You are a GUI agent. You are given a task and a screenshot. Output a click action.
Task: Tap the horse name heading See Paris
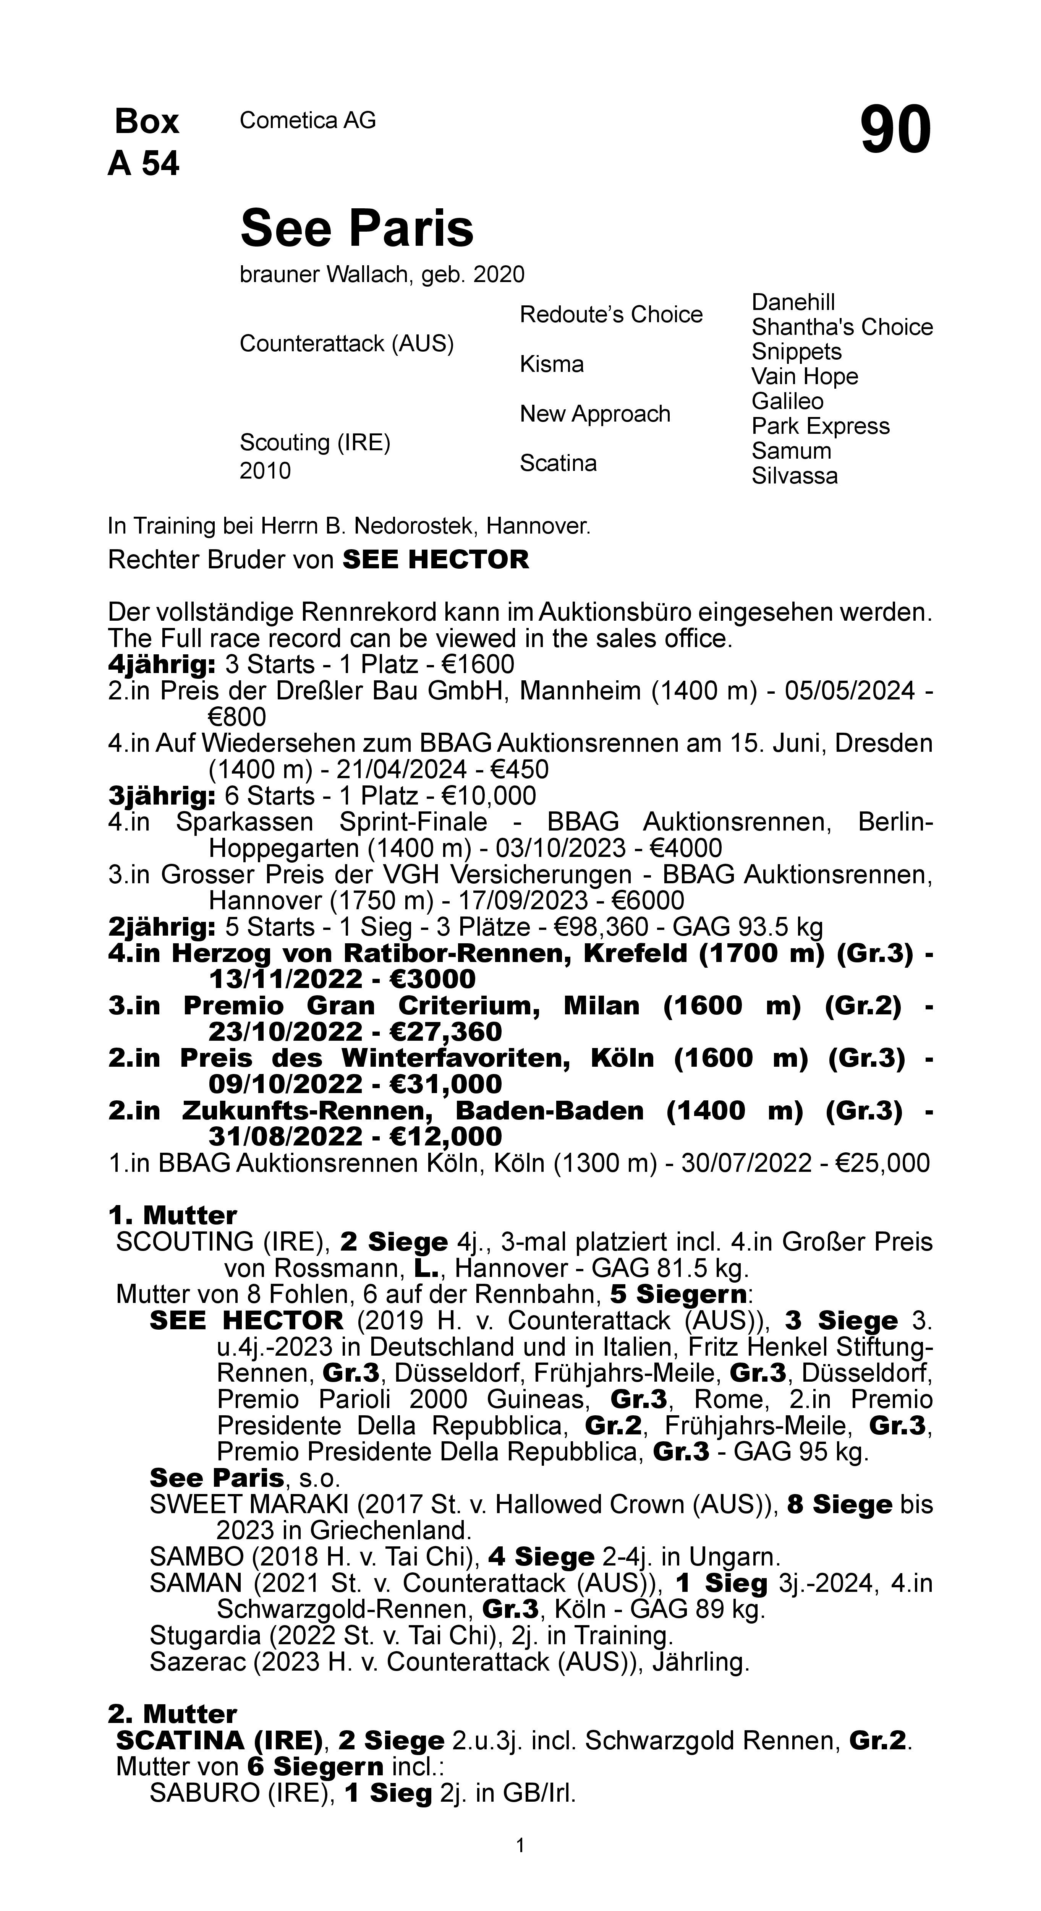click(x=357, y=229)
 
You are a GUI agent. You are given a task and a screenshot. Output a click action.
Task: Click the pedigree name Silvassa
click(x=794, y=475)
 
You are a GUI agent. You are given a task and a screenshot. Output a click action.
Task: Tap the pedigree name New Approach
click(x=595, y=414)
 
